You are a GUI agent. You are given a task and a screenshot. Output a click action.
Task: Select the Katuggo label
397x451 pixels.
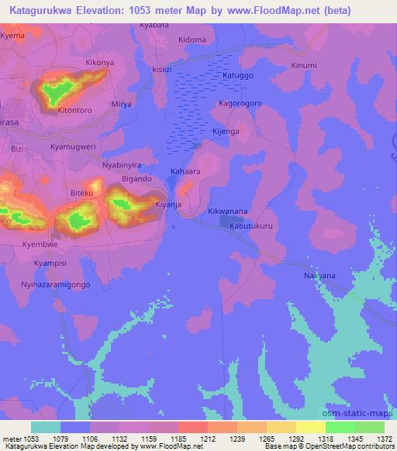pyautogui.click(x=238, y=77)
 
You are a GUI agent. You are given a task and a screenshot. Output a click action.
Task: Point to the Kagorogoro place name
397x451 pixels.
pyautogui.click(x=241, y=103)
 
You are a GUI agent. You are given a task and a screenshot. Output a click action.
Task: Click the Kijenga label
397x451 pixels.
pyautogui.click(x=226, y=132)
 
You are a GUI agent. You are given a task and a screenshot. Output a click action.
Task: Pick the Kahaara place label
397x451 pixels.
pyautogui.click(x=185, y=171)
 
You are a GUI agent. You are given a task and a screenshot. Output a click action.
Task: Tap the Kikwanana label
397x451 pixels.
pyautogui.click(x=228, y=211)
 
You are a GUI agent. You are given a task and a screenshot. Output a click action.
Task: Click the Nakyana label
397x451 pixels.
pyautogui.click(x=319, y=275)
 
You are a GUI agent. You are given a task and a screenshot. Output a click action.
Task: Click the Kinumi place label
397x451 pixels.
pyautogui.click(x=304, y=65)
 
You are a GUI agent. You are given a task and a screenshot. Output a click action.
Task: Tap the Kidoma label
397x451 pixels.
pyautogui.click(x=192, y=40)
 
